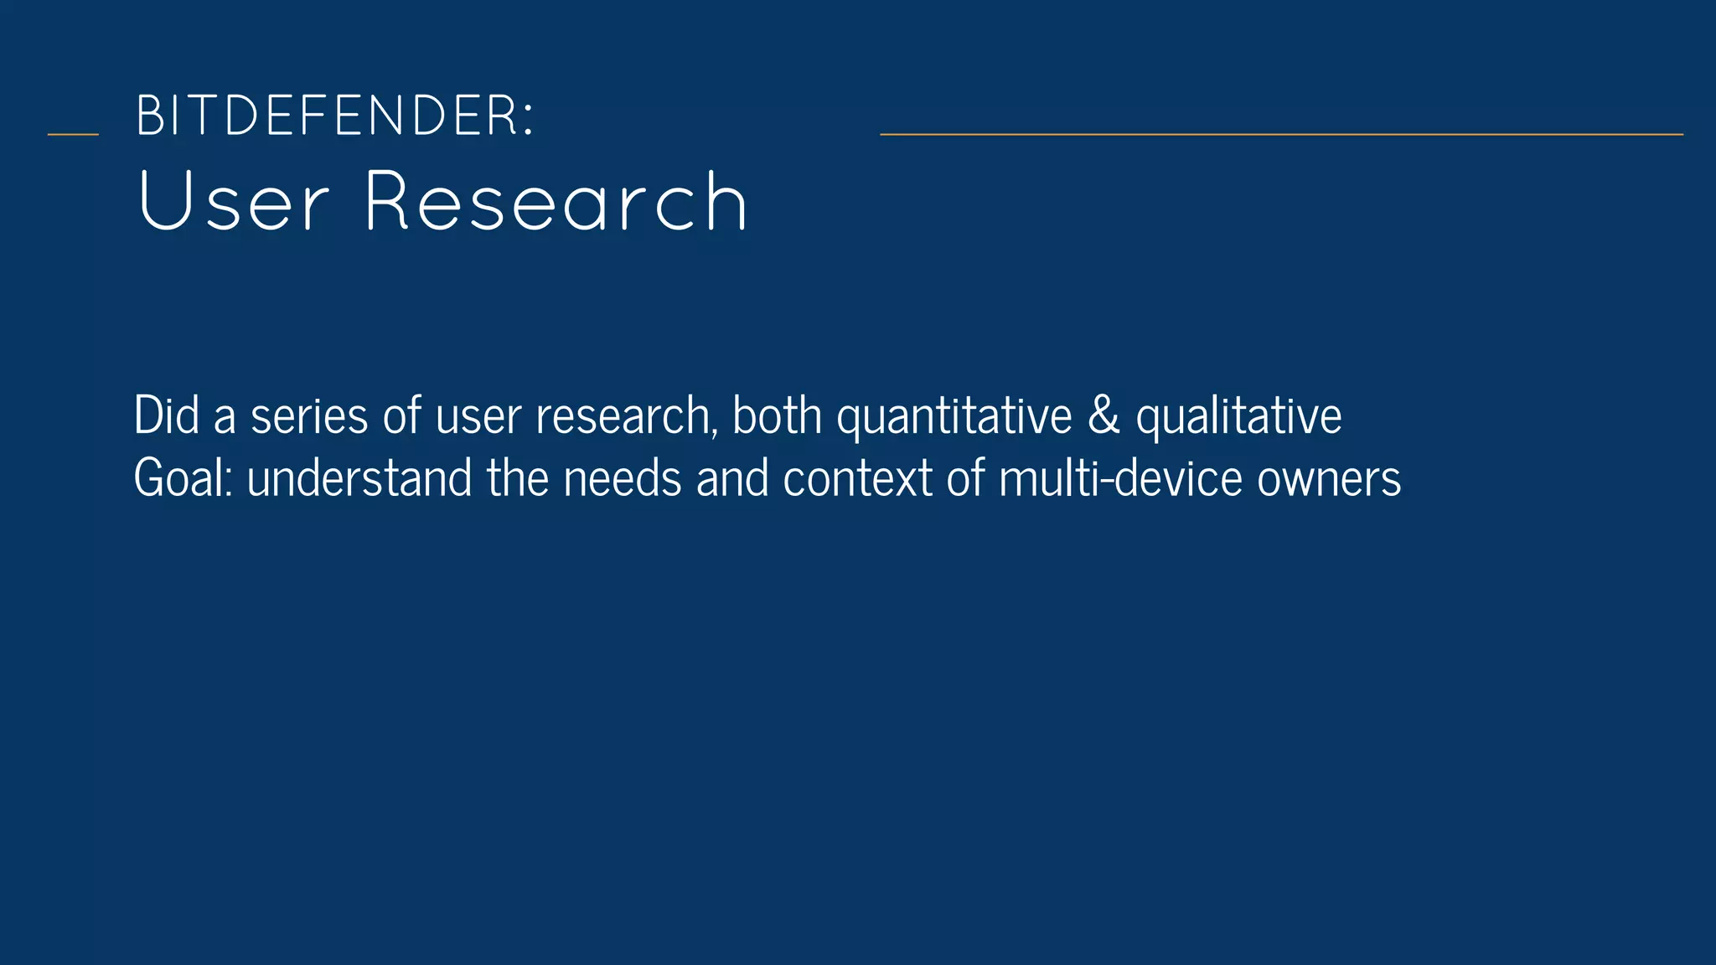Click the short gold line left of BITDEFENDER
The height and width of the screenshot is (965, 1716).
coord(73,134)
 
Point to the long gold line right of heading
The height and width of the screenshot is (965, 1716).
coord(1281,134)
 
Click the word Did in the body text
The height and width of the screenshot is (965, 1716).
coord(167,415)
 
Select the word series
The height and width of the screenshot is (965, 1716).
coord(309,415)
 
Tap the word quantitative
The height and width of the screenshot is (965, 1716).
coord(954,417)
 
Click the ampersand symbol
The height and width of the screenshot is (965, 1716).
coord(1104,415)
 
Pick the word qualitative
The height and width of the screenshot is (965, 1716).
coord(1238,417)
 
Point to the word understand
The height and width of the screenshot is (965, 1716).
coord(359,478)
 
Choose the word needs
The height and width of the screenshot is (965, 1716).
coord(623,478)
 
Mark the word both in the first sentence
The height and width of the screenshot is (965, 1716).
coord(777,415)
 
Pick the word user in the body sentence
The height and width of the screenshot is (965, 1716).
coord(478,417)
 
